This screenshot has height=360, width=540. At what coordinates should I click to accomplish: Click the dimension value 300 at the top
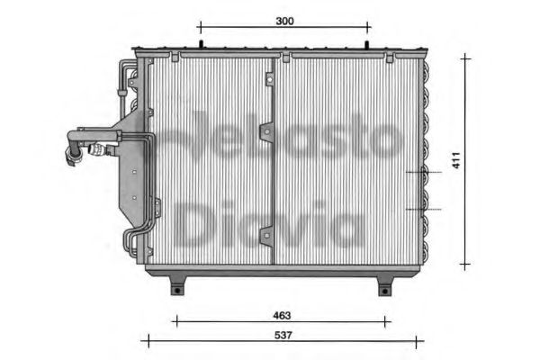(283, 19)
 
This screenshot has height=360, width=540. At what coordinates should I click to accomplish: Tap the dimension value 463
(283, 316)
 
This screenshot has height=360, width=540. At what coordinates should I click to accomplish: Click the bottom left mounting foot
(178, 286)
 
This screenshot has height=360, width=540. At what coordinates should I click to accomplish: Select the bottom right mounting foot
(384, 286)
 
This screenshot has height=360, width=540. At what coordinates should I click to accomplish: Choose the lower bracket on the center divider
(266, 238)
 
